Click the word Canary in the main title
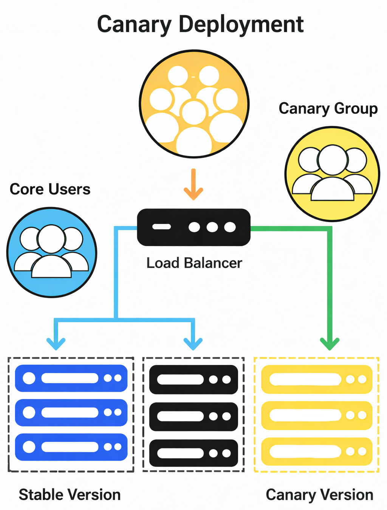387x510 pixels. [134, 25]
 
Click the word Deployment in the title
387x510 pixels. [241, 25]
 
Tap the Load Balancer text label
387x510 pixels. [194, 263]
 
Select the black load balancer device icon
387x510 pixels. [193, 227]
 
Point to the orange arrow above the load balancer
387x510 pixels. [193, 184]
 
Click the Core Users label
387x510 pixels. [50, 189]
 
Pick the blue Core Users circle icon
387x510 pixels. [52, 252]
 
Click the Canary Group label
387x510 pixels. [328, 109]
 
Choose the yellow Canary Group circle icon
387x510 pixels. [332, 174]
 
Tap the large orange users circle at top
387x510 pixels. [194, 104]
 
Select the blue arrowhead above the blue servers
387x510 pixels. [56, 343]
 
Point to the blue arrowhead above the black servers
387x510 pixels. [193, 343]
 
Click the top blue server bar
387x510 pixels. [71, 378]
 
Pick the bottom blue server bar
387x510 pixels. [71, 447]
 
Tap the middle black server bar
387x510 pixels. [193, 417]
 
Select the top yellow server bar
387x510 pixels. [317, 379]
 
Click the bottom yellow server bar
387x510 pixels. [317, 451]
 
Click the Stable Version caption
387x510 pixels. [70, 495]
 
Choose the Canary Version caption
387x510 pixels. [319, 495]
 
